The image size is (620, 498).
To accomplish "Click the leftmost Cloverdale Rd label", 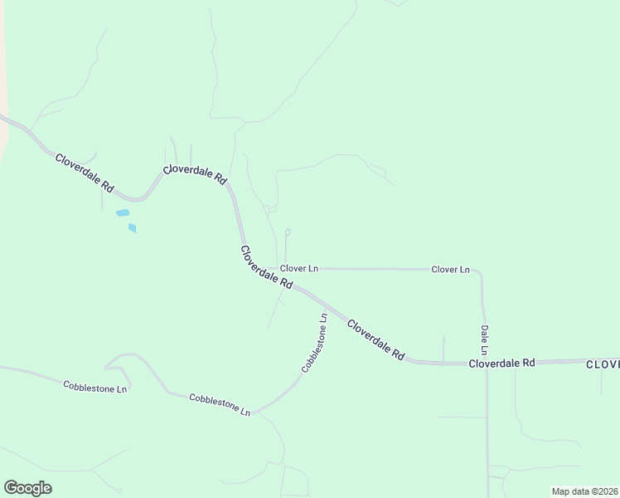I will pyautogui.click(x=84, y=173).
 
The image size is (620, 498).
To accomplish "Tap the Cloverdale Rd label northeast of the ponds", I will pyautogui.click(x=195, y=173).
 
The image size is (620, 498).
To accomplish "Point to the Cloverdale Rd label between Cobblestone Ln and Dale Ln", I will pyautogui.click(x=375, y=339).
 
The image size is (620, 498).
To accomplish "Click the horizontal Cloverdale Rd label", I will pyautogui.click(x=502, y=364).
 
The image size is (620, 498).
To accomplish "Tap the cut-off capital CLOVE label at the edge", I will pyautogui.click(x=603, y=364).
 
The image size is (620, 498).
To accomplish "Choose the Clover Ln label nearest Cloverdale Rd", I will pyautogui.click(x=299, y=269).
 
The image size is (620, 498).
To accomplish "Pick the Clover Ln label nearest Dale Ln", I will pyautogui.click(x=450, y=270).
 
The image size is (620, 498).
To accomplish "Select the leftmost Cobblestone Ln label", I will pyautogui.click(x=96, y=386).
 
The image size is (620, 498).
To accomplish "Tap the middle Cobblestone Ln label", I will pyautogui.click(x=220, y=404).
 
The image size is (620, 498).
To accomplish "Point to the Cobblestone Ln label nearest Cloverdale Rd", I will pyautogui.click(x=315, y=342).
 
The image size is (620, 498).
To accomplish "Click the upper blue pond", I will pyautogui.click(x=123, y=213).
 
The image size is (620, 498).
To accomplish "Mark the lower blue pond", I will pyautogui.click(x=132, y=227).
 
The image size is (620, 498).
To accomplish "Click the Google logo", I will pyautogui.click(x=27, y=487).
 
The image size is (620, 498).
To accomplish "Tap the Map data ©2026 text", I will pyautogui.click(x=584, y=491).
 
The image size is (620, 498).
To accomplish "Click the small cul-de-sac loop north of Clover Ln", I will pyautogui.click(x=288, y=232).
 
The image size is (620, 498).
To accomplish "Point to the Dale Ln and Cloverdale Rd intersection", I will pyautogui.click(x=487, y=363).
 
